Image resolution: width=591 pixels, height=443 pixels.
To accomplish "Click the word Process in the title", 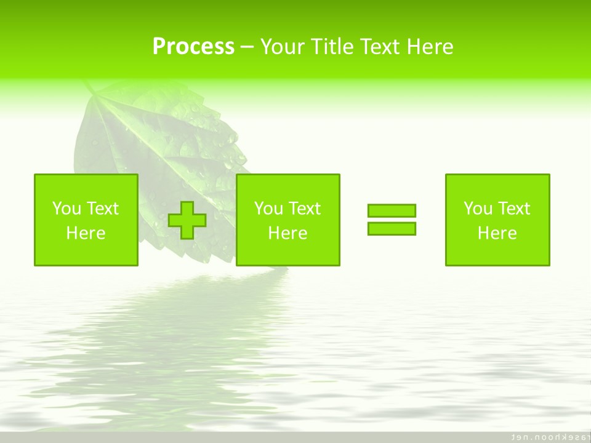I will [x=193, y=47].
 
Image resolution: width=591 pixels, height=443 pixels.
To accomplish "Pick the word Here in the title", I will [x=430, y=47].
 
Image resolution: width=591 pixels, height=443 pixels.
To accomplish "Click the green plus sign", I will [x=187, y=220].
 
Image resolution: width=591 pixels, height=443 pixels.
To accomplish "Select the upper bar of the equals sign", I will [x=392, y=211].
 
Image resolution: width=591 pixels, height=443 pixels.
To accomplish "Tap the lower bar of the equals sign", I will [x=392, y=228].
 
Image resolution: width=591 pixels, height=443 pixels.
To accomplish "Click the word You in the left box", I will [x=66, y=209].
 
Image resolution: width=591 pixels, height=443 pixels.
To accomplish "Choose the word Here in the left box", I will [x=86, y=233].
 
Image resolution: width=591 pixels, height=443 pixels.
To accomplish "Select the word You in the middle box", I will [x=268, y=209].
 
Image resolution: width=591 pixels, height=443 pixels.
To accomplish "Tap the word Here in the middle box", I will [x=287, y=233].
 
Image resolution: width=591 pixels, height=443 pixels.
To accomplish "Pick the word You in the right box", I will [x=477, y=209].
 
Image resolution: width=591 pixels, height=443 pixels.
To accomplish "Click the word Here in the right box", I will [x=497, y=233].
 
